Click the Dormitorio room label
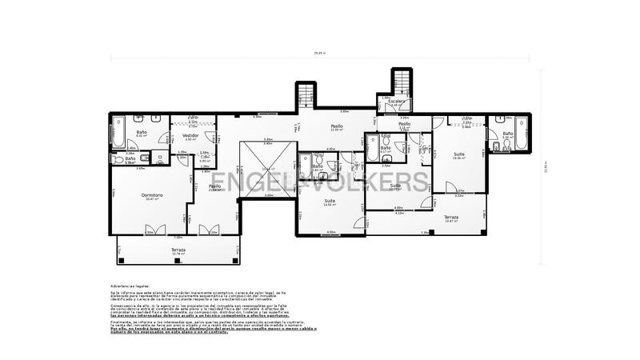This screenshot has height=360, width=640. click(153, 196)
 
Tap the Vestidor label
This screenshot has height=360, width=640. click(190, 137)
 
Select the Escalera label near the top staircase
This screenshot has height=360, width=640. click(396, 102)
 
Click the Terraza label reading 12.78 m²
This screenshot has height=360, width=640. click(178, 250)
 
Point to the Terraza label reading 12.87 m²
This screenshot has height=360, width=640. click(451, 218)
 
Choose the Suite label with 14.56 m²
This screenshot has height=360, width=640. click(328, 203)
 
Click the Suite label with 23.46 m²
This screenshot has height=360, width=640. click(459, 155)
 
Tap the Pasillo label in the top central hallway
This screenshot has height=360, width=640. click(338, 126)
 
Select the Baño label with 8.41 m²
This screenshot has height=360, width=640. click(142, 133)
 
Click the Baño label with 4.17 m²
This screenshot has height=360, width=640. click(386, 148)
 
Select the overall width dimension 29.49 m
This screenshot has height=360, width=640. click(320, 54)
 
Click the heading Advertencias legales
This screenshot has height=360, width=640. click(129, 285)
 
